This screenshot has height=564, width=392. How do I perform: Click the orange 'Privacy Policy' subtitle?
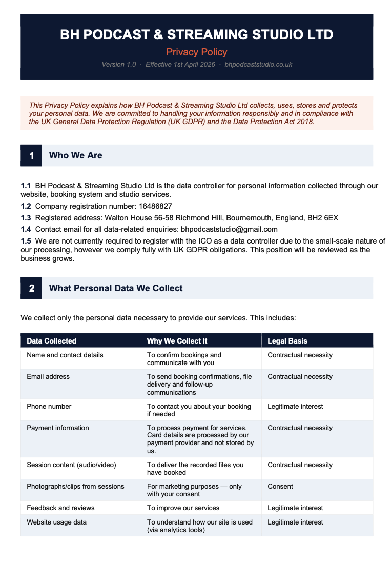[197, 52]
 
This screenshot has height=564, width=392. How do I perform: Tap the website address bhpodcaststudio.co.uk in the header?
[258, 65]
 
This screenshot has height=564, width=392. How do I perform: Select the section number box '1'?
[31, 156]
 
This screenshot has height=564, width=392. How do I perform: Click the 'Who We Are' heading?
[75, 155]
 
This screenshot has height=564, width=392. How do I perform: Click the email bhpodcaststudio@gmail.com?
[229, 229]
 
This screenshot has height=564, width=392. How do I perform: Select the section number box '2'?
[31, 289]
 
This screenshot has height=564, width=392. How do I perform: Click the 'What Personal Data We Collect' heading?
[116, 288]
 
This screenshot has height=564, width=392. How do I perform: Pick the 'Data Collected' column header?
[52, 341]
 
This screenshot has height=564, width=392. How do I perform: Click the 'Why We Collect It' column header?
[177, 341]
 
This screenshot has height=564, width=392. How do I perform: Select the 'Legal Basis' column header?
[287, 341]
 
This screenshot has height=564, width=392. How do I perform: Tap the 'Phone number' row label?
[49, 407]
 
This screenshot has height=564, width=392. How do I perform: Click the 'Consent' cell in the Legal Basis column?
[280, 487]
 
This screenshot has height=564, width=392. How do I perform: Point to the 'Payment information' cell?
[58, 428]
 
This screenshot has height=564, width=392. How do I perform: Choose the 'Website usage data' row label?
[56, 522]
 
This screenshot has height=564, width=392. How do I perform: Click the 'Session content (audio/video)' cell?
[71, 465]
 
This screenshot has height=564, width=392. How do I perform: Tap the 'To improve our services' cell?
[183, 508]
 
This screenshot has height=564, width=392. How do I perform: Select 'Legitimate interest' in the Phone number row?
[295, 407]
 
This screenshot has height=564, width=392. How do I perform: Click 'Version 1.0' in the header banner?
[119, 65]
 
